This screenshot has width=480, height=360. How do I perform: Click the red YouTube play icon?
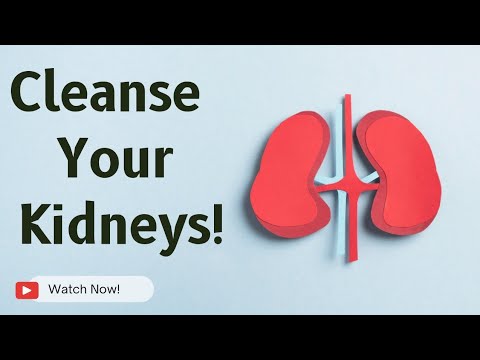[x=27, y=290]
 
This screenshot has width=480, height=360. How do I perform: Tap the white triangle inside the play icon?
[x=27, y=290]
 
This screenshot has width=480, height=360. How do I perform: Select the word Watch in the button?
[x=67, y=290]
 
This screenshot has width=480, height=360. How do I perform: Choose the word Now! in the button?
[x=105, y=290]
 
